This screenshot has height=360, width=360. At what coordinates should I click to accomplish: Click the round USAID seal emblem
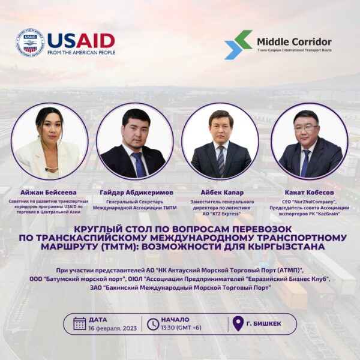pyautogui.click(x=30, y=43)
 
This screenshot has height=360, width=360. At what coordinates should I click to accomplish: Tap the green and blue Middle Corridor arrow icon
pyautogui.click(x=238, y=45)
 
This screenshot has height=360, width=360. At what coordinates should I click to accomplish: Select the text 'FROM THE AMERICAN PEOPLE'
pyautogui.click(x=82, y=53)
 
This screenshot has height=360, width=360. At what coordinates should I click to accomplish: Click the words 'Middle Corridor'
pyautogui.click(x=295, y=42)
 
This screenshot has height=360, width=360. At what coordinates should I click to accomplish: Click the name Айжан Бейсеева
pyautogui.click(x=49, y=193)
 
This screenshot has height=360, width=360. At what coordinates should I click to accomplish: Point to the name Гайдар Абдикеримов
pyautogui.click(x=136, y=193)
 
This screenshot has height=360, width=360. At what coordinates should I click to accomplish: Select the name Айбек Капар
pyautogui.click(x=222, y=193)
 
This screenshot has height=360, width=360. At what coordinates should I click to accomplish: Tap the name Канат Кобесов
pyautogui.click(x=309, y=193)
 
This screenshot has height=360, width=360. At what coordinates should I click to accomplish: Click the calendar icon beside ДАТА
pyautogui.click(x=80, y=323)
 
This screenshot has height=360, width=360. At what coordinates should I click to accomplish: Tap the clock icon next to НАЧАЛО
pyautogui.click(x=153, y=324)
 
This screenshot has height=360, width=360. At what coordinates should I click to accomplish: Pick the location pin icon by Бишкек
pyautogui.click(x=238, y=324)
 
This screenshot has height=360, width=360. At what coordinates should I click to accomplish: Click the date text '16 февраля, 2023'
pyautogui.click(x=113, y=328)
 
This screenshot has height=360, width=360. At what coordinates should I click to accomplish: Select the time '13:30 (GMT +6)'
pyautogui.click(x=181, y=328)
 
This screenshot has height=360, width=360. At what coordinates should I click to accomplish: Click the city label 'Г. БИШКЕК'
pyautogui.click(x=264, y=324)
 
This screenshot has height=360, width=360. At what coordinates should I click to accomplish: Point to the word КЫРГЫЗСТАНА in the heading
pyautogui.click(x=287, y=247)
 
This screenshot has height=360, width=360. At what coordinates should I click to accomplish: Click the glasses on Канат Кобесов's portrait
pyautogui.click(x=306, y=128)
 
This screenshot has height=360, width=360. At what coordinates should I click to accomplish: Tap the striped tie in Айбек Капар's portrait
pyautogui.click(x=221, y=161)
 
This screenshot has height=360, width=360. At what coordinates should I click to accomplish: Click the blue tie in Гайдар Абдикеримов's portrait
pyautogui.click(x=139, y=164)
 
